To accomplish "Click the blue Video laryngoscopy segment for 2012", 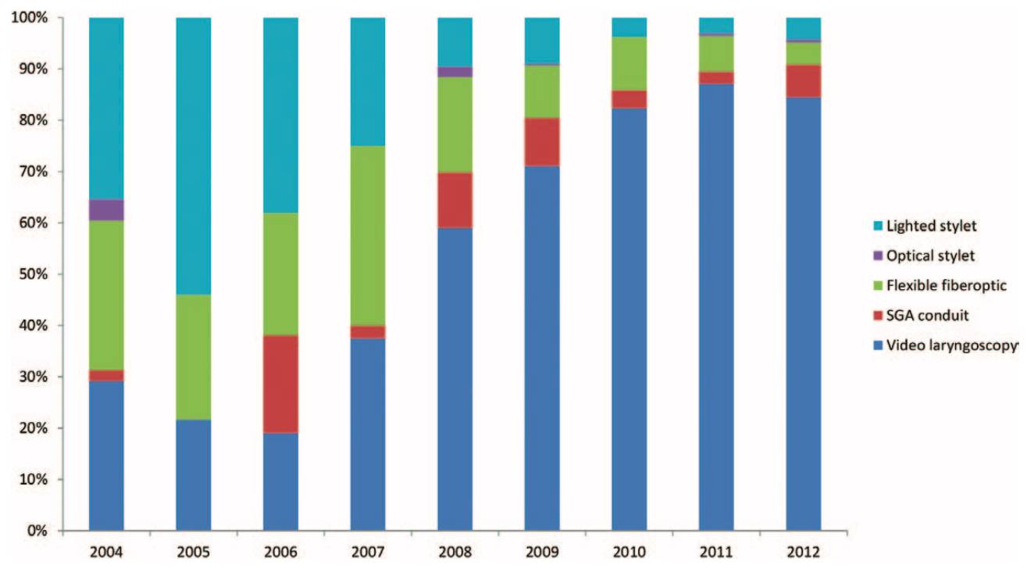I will pyautogui.click(x=803, y=313).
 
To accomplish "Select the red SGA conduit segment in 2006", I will pyautogui.click(x=280, y=384).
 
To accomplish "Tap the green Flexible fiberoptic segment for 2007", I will pyautogui.click(x=368, y=235).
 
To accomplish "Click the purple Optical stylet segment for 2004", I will pyautogui.click(x=106, y=210).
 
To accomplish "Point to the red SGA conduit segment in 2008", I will pyautogui.click(x=455, y=200).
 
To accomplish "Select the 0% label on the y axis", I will pyautogui.click(x=37, y=531).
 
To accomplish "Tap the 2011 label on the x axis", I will pyautogui.click(x=716, y=553).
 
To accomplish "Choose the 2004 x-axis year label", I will pyautogui.click(x=106, y=553).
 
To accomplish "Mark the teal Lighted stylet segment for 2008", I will pyautogui.click(x=455, y=41).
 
